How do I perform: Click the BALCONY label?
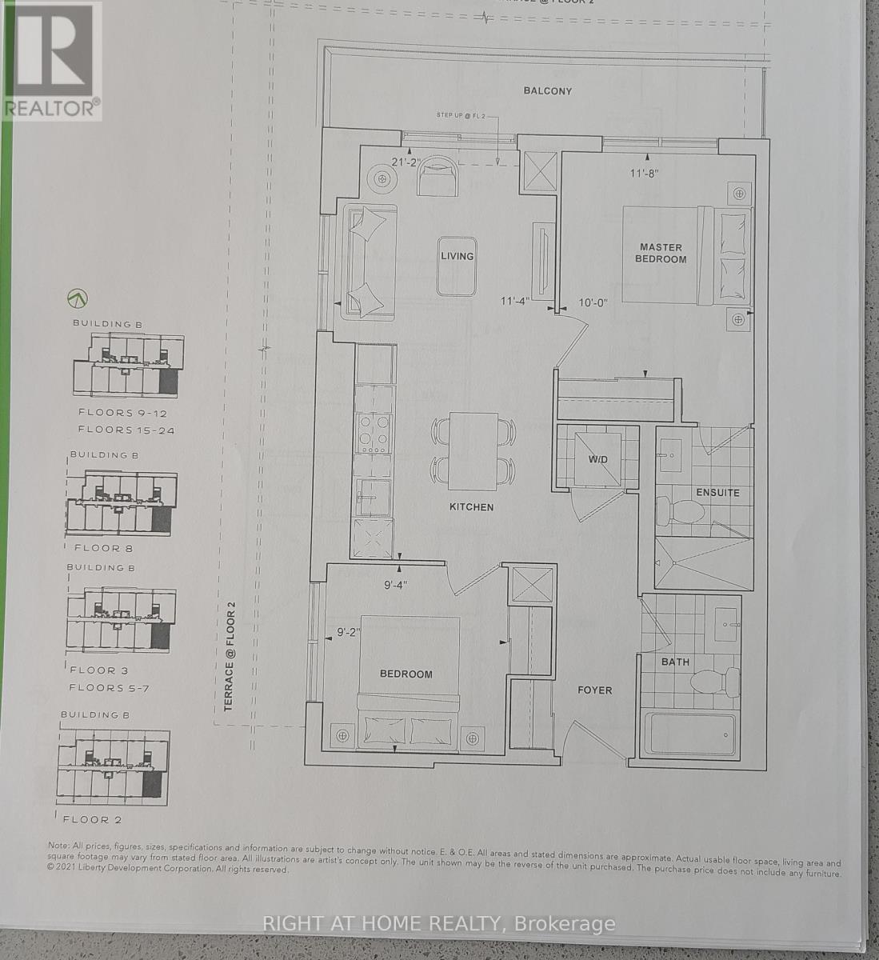point(548,91)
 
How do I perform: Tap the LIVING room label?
point(457,256)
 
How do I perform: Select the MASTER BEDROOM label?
point(661,253)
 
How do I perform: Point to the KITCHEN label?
point(471,507)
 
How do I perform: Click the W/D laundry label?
point(598,459)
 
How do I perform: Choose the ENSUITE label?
point(717,493)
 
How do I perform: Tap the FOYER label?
point(594,690)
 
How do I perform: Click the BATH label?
point(675,662)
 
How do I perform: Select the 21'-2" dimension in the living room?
point(406,162)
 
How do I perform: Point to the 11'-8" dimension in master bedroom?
point(645,172)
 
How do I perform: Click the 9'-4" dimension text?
point(395,585)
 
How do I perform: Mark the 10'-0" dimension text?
point(593,302)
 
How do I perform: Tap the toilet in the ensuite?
point(673,510)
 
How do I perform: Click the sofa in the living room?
point(370,262)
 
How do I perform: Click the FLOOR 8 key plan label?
point(103,549)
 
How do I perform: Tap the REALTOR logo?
point(51,60)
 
